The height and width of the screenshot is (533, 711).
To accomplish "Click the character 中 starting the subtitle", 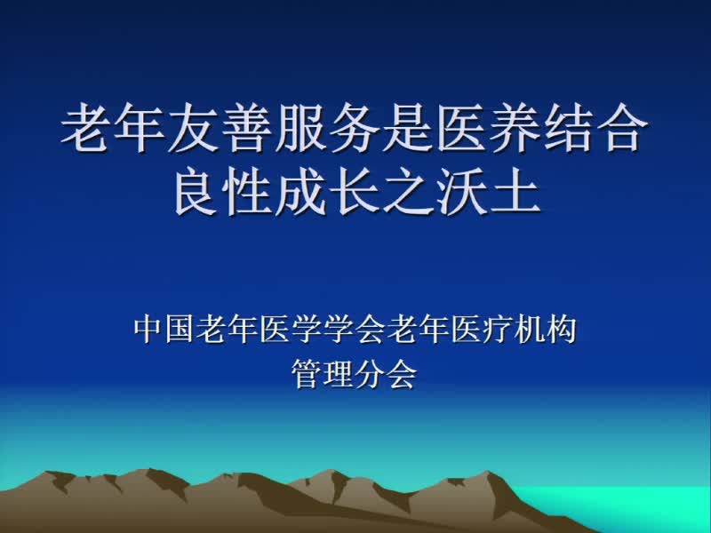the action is [148, 330].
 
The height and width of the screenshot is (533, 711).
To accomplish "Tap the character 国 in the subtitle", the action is [180, 330].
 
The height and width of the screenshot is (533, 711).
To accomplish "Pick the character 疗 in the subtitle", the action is [498, 330].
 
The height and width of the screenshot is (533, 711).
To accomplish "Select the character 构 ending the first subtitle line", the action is [562, 330].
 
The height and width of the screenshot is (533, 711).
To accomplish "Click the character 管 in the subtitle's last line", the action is [307, 374].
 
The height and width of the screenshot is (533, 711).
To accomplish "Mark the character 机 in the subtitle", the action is [530, 330].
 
